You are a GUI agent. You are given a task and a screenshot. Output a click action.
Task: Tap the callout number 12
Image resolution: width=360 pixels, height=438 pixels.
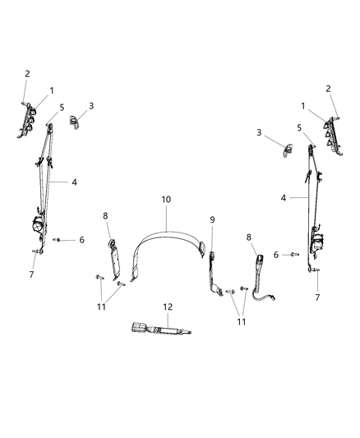(x=168, y=307)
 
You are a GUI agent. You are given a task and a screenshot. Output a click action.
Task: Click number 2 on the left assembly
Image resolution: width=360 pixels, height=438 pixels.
(x=26, y=73)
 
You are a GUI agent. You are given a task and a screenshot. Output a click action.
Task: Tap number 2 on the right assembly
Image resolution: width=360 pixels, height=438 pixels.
(x=329, y=89)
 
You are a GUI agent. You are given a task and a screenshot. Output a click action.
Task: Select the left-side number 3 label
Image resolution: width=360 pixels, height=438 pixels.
(x=90, y=106)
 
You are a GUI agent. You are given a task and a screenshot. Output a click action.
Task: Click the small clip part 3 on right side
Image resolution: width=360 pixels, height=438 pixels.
(x=288, y=150)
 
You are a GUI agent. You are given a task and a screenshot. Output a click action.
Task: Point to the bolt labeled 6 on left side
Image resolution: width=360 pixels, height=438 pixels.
(x=58, y=240)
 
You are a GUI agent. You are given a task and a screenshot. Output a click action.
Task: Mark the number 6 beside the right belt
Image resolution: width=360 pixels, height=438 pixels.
(x=276, y=255)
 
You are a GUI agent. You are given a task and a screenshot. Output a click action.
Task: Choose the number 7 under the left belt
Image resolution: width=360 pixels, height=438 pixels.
(x=32, y=274)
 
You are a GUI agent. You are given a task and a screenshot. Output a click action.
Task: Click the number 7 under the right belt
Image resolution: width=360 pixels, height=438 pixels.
(x=316, y=297)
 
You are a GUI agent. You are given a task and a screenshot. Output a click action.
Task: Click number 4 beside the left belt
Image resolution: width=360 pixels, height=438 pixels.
(x=75, y=182)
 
